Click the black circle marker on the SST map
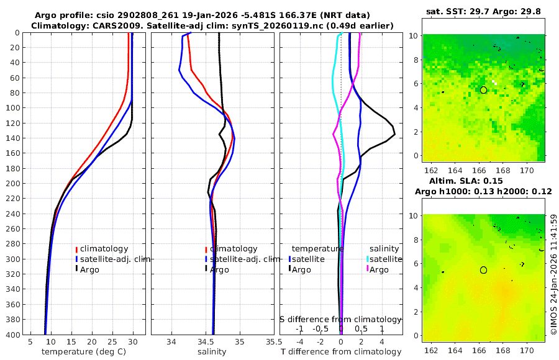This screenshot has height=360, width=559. click(483, 90)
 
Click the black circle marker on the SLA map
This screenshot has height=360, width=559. click(483, 270)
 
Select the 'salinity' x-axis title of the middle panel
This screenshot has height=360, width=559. click(212, 352)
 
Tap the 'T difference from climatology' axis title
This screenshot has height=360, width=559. click(340, 352)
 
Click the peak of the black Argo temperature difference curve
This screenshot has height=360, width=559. click(394, 134)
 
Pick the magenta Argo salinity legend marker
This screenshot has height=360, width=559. click(367, 269)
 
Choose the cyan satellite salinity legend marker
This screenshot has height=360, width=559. click(367, 259)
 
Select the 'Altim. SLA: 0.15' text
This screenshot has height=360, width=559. click(483, 180)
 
